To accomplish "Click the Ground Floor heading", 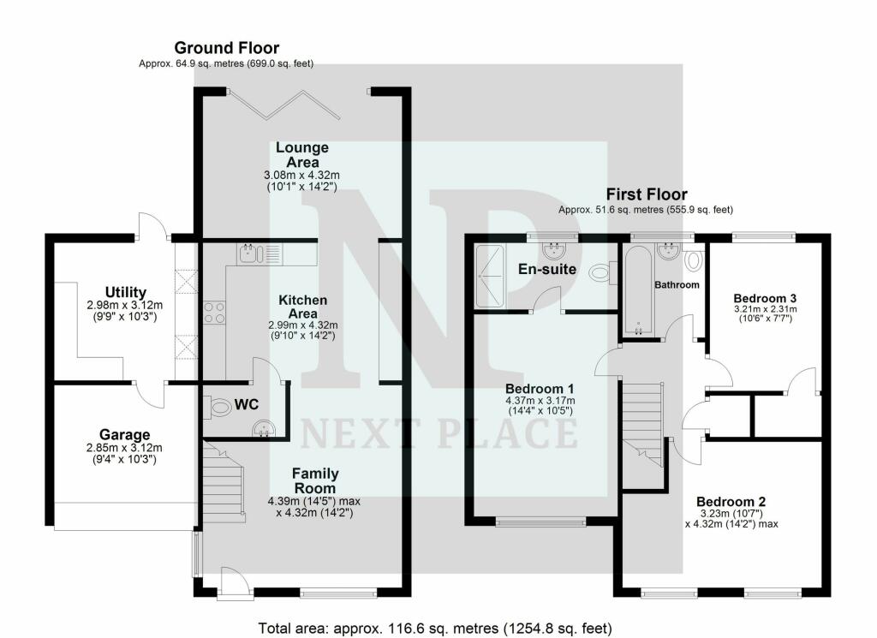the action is (x=226, y=48).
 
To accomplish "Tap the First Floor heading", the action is (x=647, y=194).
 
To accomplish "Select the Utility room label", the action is (x=126, y=292).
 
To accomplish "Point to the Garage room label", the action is (x=125, y=434).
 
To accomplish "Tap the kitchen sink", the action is (x=250, y=254).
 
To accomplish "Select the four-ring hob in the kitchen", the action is (x=214, y=313).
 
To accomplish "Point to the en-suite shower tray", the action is (x=489, y=276).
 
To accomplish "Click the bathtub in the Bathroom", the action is (x=638, y=291).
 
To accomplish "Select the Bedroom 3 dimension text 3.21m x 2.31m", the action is (x=765, y=309).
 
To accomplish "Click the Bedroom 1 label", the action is (x=540, y=389).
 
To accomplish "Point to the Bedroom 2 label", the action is (x=731, y=502).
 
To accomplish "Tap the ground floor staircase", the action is (x=224, y=481).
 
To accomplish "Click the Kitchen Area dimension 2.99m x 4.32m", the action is (x=303, y=325).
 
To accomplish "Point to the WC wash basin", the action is (x=264, y=429).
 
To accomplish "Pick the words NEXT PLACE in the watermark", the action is (x=439, y=433).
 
